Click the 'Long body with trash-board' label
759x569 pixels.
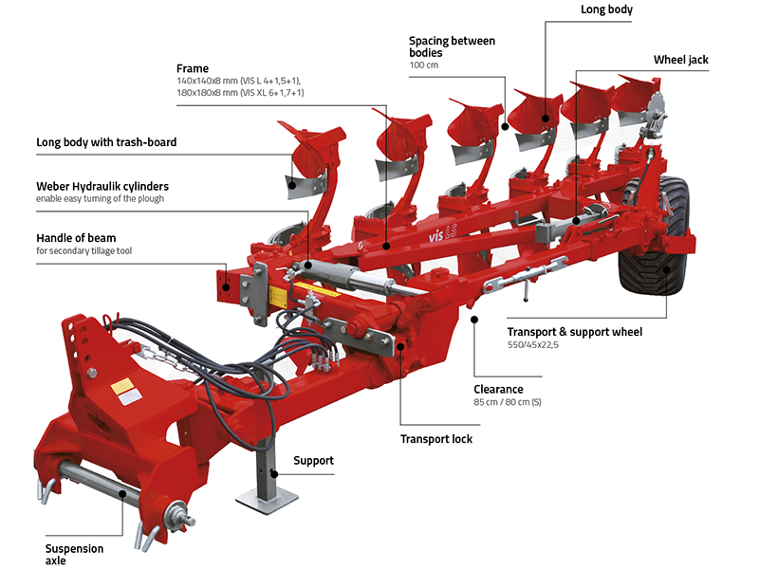pos(106,142)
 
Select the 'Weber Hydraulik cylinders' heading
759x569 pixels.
pos(102,186)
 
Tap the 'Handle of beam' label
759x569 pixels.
pos(76,238)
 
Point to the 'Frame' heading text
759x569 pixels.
pos(193,68)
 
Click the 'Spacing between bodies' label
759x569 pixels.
pos(453,46)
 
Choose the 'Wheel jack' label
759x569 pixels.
pos(680,60)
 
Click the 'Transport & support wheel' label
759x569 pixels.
pos(575,332)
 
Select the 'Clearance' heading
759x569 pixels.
pos(498,390)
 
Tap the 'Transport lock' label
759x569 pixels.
pos(436,439)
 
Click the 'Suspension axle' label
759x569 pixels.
pos(74,555)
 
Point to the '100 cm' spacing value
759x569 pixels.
pos(423,64)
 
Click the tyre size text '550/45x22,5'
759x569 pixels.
pos(533,345)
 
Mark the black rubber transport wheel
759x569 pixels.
pos(655,236)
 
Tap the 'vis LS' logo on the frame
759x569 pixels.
pos(442,233)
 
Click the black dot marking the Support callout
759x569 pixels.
pos(274,474)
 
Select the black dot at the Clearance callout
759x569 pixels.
pos(474,320)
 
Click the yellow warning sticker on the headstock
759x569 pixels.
pos(122,387)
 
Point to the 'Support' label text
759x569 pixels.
pos(314,461)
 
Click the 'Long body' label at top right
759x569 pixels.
pos(606,9)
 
